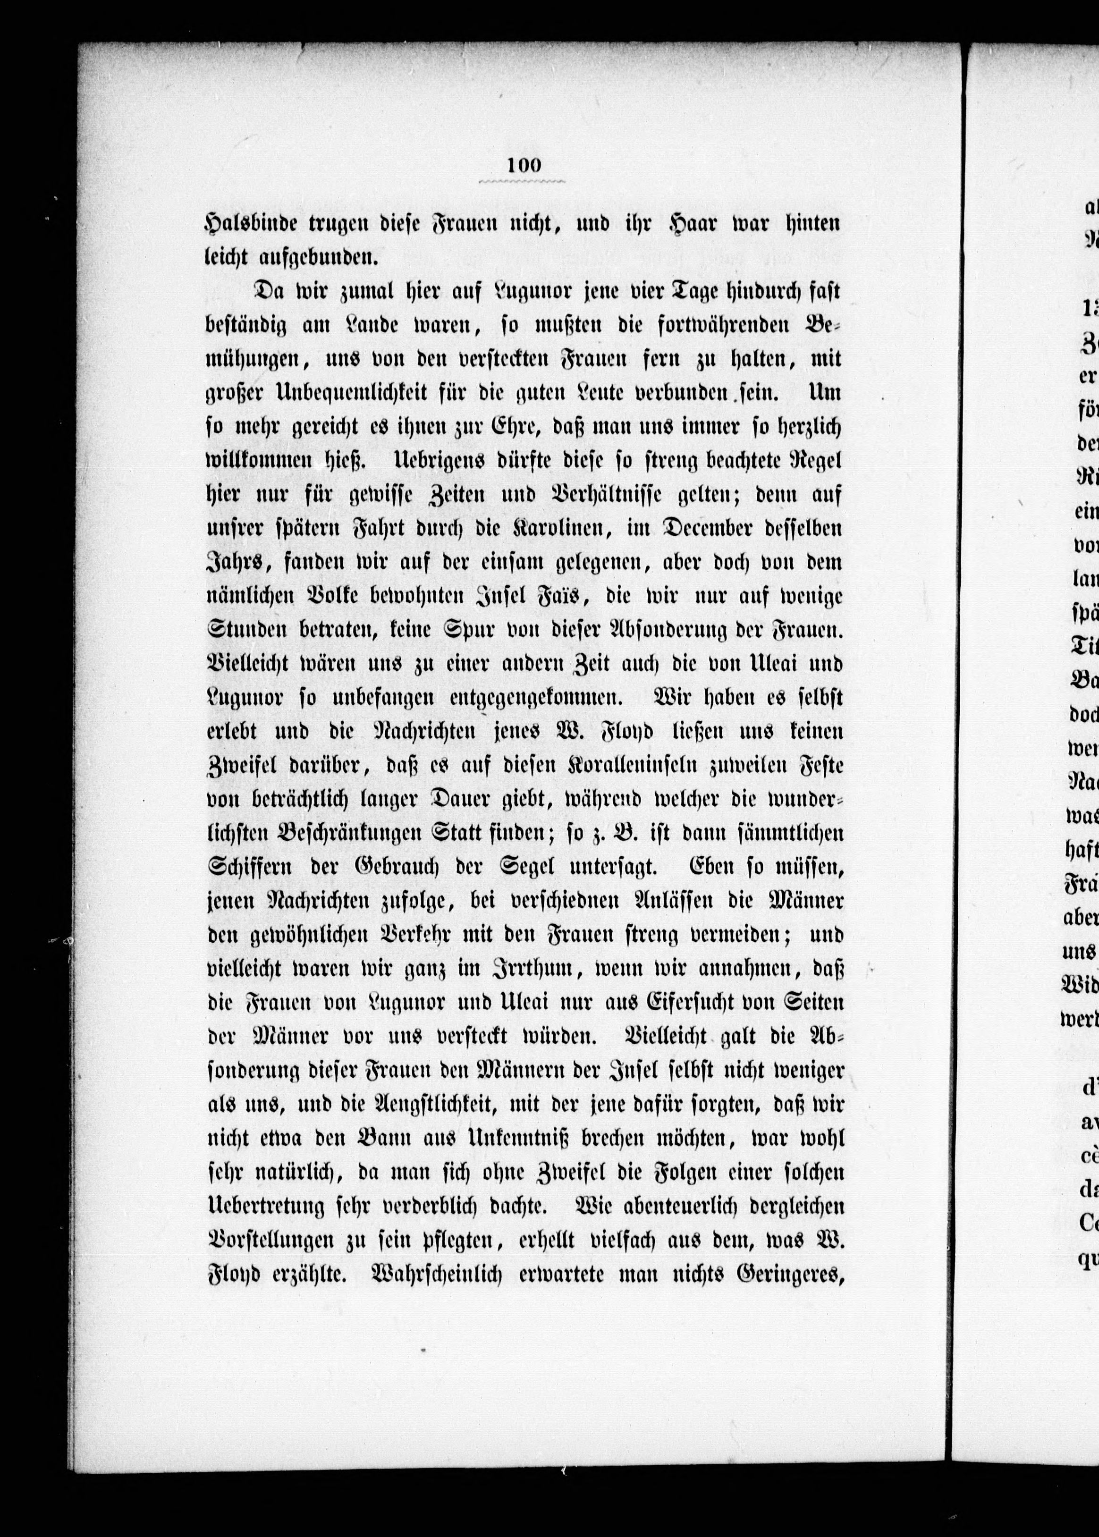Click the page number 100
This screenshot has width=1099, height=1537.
tap(523, 165)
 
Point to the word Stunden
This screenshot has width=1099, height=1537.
tap(242, 631)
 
